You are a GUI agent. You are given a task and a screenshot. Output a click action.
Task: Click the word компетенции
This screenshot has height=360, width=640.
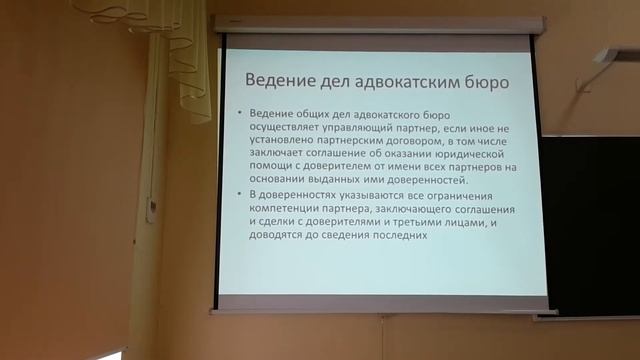[284, 212]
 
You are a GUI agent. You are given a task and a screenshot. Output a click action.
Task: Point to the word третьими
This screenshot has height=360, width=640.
[432, 225]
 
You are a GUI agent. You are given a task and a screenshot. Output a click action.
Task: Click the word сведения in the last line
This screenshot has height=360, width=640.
[338, 238]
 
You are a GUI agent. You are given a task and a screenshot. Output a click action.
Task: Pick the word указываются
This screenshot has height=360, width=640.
[355, 199]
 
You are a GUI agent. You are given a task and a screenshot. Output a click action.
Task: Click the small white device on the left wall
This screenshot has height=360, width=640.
[151, 209]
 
